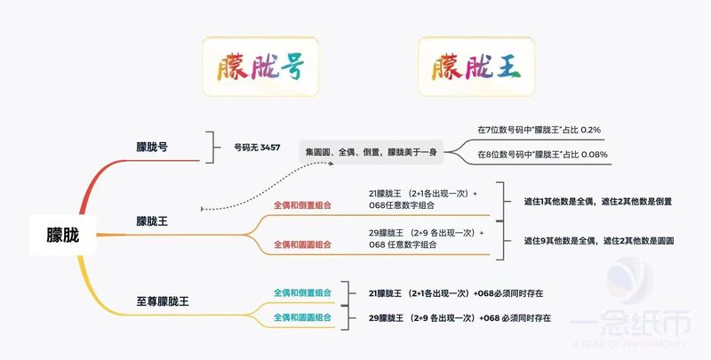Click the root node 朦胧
62,235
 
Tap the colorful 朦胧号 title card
260,67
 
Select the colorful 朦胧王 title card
476,67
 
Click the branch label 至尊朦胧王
163,301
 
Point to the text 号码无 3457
257,148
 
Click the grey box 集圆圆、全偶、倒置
371,152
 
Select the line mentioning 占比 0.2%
539,130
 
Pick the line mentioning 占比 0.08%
542,155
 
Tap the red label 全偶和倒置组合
302,205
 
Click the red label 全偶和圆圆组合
302,244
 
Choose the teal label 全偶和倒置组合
302,293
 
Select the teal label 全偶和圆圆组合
302,317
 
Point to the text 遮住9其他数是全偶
560,241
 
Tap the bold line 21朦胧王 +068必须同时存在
456,293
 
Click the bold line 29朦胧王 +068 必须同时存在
459,318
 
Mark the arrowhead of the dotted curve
331,164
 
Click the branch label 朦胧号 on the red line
152,147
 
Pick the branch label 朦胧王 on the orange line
152,221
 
